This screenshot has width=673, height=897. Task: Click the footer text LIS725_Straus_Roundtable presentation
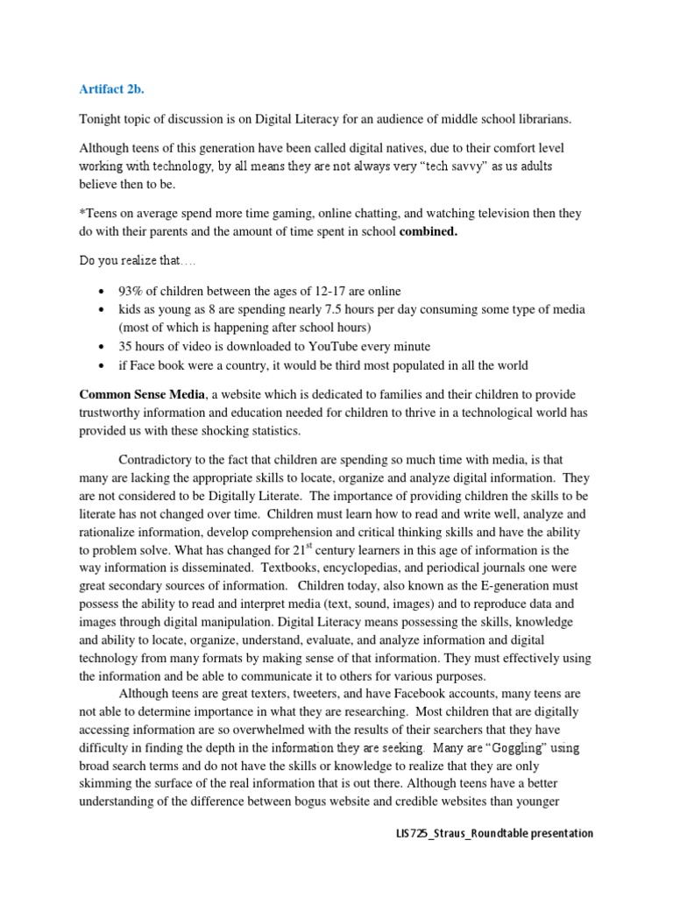(494, 833)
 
